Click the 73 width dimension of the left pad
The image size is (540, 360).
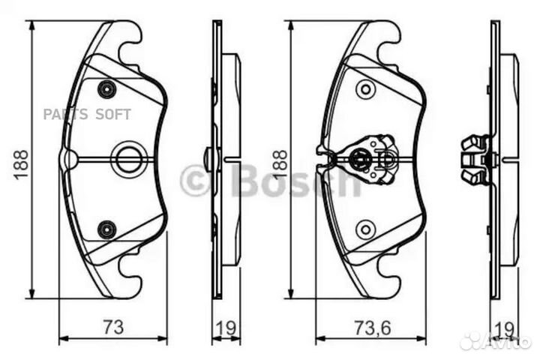tap(113, 327)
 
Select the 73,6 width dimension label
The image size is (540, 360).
tap(373, 327)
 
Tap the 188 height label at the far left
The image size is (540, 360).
tap(20, 164)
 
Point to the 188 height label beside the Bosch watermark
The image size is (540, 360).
tap(279, 164)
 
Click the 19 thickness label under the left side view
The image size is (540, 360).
tap(226, 327)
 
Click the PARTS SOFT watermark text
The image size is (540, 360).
tap(87, 114)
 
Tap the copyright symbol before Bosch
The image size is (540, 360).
tap(195, 180)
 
